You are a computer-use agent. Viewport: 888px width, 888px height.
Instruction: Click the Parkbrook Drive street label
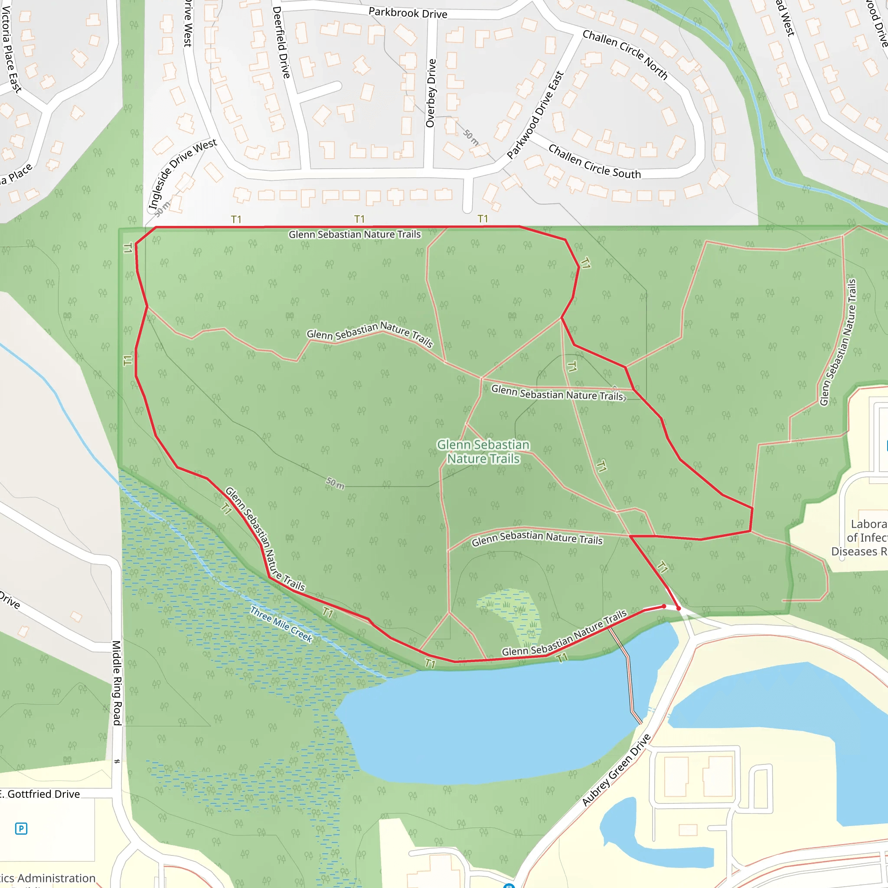click(x=408, y=13)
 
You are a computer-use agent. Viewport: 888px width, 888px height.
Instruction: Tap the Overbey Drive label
click(x=431, y=93)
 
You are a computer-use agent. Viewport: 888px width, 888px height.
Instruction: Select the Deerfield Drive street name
click(x=281, y=42)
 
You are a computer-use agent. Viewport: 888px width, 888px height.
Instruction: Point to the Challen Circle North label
click(x=625, y=54)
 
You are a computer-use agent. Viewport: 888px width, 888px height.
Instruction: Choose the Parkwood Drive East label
click(x=535, y=115)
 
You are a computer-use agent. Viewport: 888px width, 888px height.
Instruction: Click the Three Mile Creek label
click(x=281, y=624)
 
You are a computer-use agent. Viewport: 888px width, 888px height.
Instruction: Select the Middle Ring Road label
click(x=117, y=683)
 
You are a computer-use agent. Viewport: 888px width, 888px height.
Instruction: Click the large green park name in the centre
click(x=483, y=451)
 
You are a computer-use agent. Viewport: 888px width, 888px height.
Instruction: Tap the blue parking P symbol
click(x=21, y=829)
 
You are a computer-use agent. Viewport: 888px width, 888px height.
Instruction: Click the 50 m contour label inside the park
click(x=335, y=483)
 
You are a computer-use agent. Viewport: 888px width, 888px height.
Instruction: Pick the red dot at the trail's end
click(x=679, y=608)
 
